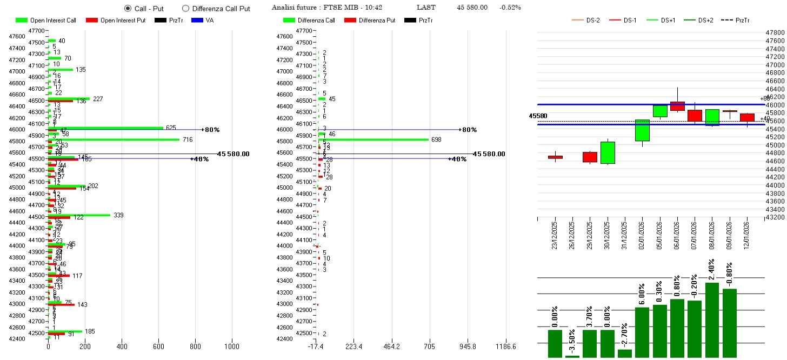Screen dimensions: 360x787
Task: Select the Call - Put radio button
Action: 128,9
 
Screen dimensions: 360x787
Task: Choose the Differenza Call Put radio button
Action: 185,9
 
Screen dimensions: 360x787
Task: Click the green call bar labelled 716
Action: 114,139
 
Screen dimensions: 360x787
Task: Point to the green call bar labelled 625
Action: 105,128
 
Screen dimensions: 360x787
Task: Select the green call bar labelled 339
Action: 79,215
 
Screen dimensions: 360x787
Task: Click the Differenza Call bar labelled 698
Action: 373,139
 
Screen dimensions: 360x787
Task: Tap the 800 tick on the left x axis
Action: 195,346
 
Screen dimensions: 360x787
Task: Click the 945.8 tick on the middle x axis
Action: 468,346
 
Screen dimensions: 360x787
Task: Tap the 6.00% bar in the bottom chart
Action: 642,332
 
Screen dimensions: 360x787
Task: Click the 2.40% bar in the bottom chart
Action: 712,320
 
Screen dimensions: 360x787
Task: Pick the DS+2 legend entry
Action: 705,21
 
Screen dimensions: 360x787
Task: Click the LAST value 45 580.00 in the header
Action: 472,8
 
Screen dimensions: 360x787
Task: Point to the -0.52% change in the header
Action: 510,8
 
